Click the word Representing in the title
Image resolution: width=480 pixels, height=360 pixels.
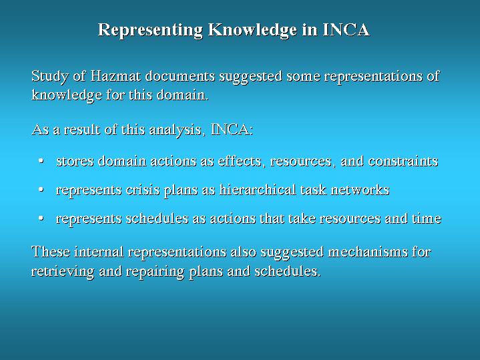coord(150,30)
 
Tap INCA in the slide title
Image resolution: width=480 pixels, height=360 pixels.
coord(346,29)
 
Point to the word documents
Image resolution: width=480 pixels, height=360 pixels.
coord(180,75)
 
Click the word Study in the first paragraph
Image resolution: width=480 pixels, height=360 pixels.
coord(50,77)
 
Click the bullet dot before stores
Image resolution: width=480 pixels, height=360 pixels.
coord(41,161)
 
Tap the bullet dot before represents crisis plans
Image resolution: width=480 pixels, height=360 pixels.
coord(41,190)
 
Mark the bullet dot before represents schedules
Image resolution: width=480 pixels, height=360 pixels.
coord(41,218)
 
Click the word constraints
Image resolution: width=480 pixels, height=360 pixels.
coord(403,161)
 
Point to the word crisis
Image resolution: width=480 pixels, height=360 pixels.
coord(143,190)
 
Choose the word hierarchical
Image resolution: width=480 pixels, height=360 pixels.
coord(258,190)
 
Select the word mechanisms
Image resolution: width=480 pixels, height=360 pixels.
coord(368,252)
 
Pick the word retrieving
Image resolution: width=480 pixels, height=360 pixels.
coord(63,272)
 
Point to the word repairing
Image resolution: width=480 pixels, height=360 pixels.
coord(155,272)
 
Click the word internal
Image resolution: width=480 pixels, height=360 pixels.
coord(99,252)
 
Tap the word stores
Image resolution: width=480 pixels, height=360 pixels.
coord(75,161)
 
